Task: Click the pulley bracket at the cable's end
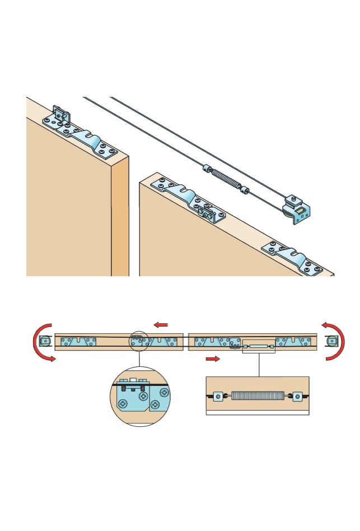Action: point(296,209)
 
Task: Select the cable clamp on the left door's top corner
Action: point(60,115)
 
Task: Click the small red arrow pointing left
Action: point(161,325)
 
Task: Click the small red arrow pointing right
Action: point(213,358)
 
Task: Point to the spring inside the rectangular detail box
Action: point(258,396)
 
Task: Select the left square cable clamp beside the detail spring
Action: point(218,397)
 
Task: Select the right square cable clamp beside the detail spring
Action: point(297,397)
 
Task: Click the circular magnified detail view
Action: point(140,397)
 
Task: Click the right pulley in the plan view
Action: point(332,341)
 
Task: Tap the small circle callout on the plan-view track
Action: point(139,341)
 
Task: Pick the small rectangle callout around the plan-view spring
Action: point(259,347)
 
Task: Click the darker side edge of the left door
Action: point(120,218)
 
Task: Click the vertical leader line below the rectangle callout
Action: point(259,364)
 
